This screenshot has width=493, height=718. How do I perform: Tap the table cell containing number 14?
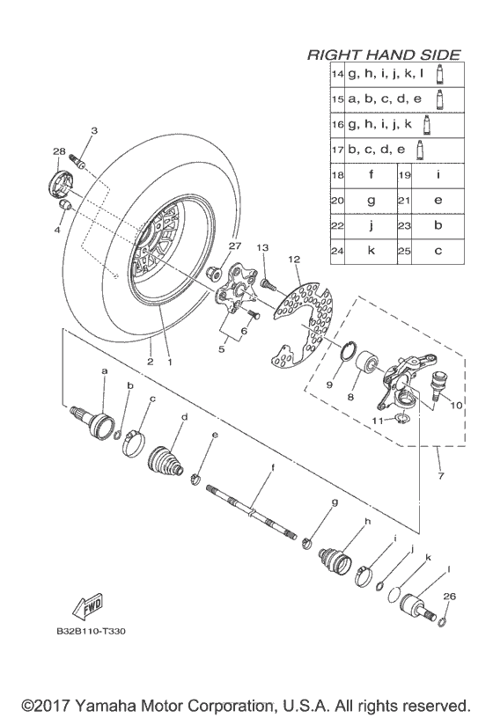[x=336, y=76]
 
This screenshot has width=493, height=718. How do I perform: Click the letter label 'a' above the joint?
[x=105, y=371]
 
